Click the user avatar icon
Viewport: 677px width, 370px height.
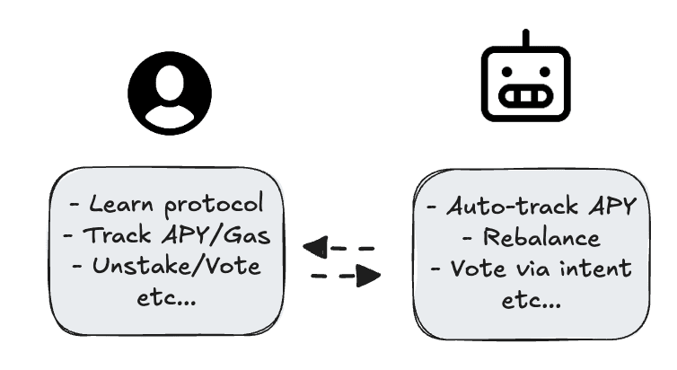point(170,93)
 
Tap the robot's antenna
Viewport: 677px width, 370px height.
point(525,38)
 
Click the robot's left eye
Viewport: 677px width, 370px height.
point(507,72)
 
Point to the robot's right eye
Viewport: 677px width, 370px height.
point(545,72)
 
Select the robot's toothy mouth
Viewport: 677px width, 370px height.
point(526,96)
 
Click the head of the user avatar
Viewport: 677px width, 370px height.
point(170,83)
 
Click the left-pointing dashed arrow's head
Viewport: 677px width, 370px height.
point(316,247)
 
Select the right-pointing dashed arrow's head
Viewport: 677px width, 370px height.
point(368,276)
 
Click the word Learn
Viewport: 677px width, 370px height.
point(121,204)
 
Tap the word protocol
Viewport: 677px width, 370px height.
point(215,204)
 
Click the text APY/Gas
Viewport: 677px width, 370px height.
point(215,235)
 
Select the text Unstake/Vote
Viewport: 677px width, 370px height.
point(176,267)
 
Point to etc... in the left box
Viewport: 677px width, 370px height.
point(167,298)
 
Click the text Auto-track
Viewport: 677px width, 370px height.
point(512,207)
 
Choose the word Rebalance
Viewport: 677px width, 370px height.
point(541,237)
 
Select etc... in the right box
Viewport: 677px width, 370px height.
point(532,300)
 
